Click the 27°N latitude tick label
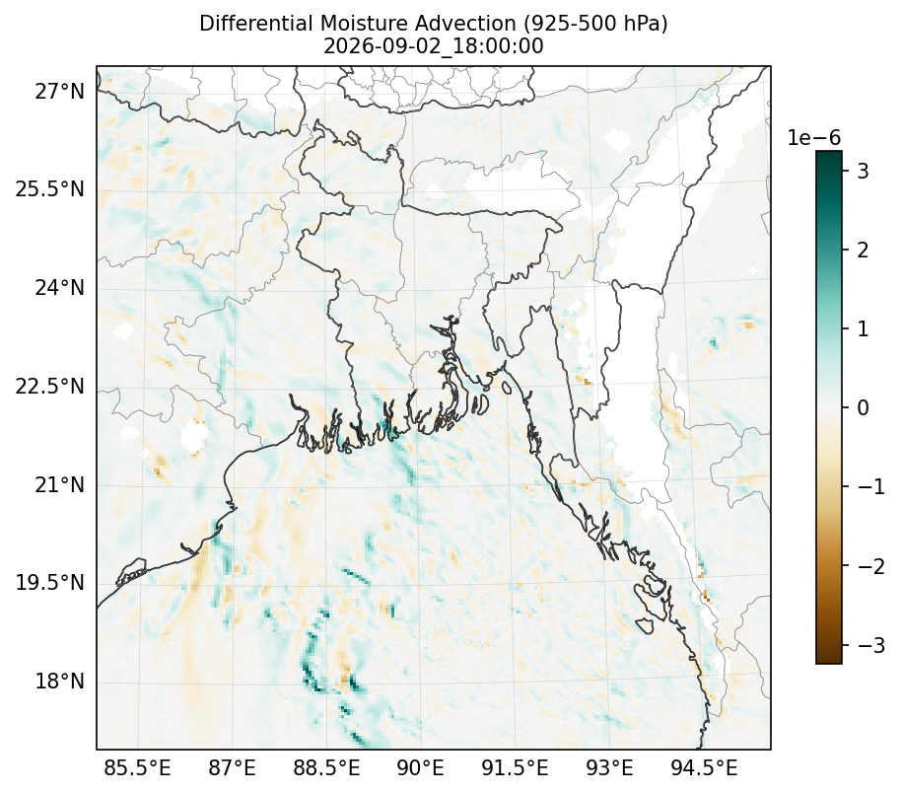point(60,91)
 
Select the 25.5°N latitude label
point(50,188)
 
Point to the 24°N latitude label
point(60,287)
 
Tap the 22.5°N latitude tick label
point(50,386)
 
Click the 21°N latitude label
point(60,484)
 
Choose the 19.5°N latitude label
point(50,582)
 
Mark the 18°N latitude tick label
point(60,682)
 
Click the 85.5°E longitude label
point(137,767)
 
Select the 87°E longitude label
point(232,767)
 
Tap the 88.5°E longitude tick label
point(327,767)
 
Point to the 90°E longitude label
point(421,767)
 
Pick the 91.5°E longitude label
point(515,767)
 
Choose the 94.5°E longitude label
point(704,767)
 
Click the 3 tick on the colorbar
point(863,171)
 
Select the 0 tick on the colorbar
point(863,407)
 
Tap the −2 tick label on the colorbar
point(871,566)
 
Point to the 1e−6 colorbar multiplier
point(813,137)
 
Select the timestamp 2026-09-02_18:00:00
point(434,46)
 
